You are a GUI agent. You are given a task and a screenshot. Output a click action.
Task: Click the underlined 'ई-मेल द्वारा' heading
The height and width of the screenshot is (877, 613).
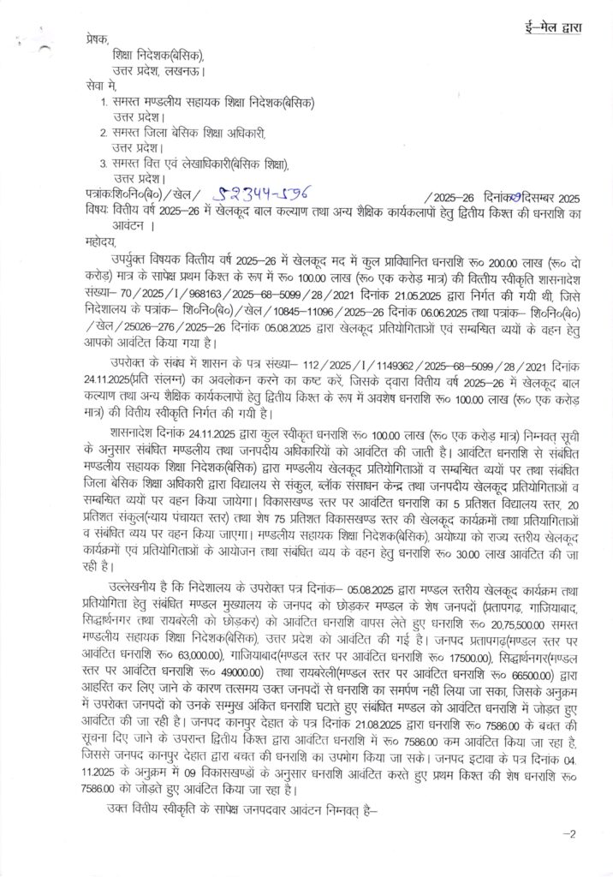pyautogui.click(x=554, y=28)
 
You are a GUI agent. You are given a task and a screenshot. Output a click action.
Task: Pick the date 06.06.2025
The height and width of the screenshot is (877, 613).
pyautogui.click(x=400, y=301)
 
